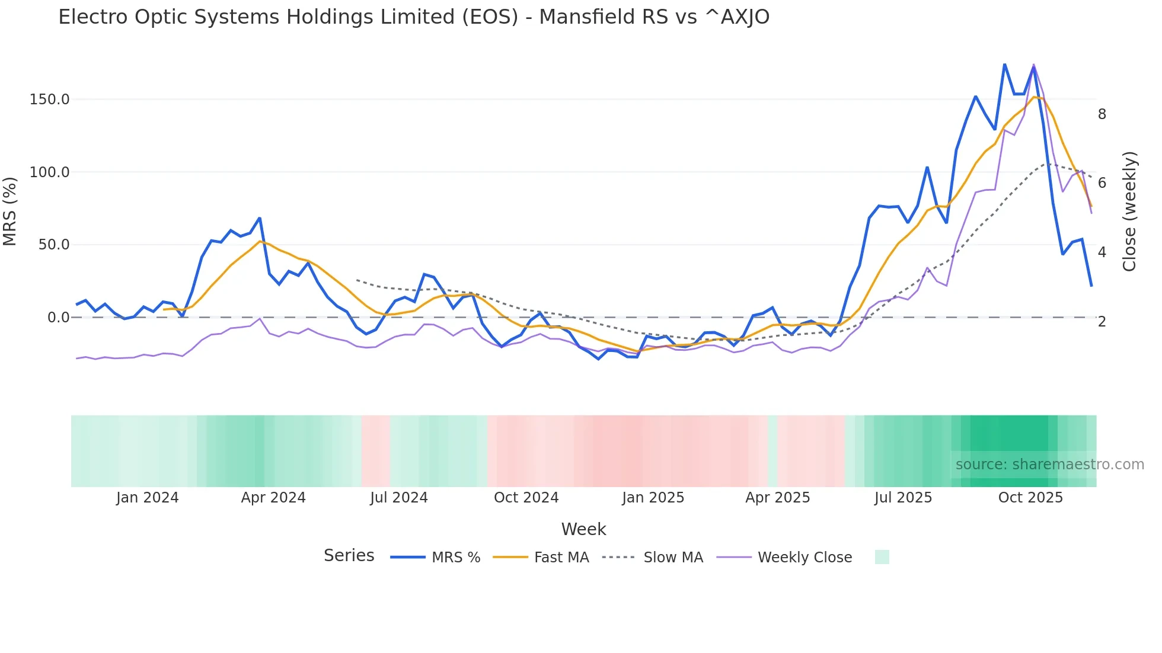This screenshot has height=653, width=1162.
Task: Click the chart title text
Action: point(414,17)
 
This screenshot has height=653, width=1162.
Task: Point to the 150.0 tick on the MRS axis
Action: point(50,100)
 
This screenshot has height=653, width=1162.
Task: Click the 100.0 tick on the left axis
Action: point(50,172)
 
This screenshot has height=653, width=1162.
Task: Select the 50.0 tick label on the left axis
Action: point(54,245)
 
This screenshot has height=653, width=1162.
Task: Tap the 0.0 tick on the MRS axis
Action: point(58,318)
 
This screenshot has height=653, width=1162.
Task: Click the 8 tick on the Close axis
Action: point(1102,114)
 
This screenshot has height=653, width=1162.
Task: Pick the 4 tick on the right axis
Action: point(1102,252)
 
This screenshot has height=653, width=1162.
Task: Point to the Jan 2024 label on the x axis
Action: point(147,498)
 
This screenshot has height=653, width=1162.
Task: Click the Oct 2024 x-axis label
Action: point(526,498)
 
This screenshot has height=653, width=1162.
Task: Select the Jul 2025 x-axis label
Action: point(903,498)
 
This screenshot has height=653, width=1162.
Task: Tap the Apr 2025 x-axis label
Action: point(778,498)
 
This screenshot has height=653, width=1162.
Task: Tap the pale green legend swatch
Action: point(882,557)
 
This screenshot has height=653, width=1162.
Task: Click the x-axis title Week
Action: point(583,529)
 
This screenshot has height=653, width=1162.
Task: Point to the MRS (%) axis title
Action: point(10,211)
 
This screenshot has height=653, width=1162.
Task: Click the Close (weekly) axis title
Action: point(1130,211)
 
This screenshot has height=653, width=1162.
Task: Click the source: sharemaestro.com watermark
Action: point(1049,465)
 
